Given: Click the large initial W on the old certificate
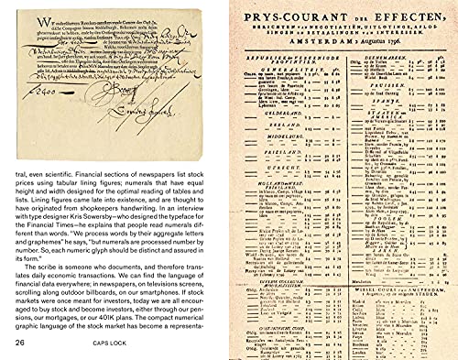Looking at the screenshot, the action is point(21,17).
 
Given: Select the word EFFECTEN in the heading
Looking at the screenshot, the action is point(405,11).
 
